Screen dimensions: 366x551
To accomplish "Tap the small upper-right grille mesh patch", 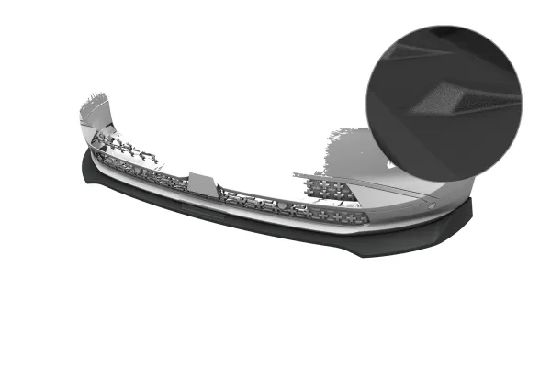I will click(332, 188).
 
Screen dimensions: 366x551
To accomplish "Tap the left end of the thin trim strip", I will click(297, 173).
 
